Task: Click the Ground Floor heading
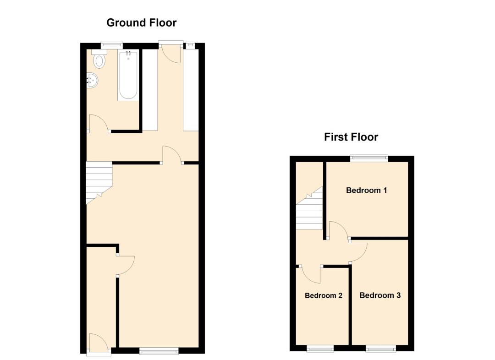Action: coord(141,23)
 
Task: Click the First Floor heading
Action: coord(351,137)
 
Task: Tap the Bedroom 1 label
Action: coord(367,190)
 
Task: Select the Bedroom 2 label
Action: coord(324,295)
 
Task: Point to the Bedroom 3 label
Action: coord(380,295)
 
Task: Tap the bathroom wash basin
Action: coord(92,80)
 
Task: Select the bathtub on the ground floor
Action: coord(128,76)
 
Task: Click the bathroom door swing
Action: coord(99,123)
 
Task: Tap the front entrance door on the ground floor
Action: coord(99,343)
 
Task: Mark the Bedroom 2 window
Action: coord(320,349)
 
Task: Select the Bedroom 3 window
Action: coord(381,349)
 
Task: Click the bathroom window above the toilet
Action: coord(112,45)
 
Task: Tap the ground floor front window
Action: coord(159,350)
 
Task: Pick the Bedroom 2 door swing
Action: coord(311,274)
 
